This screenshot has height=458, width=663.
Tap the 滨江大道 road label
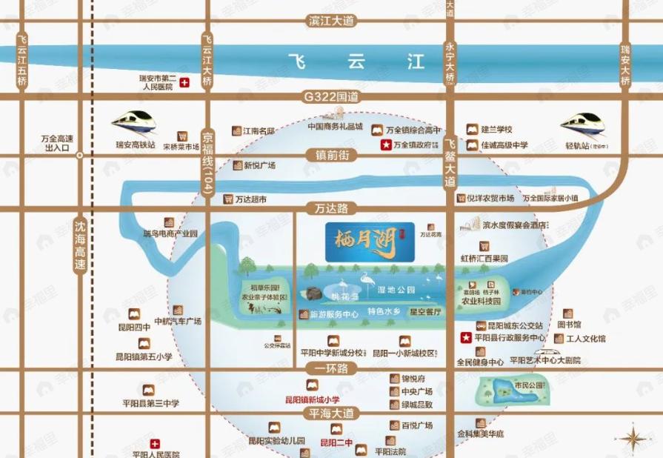pos(331,21)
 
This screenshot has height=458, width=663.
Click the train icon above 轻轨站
pos(584,123)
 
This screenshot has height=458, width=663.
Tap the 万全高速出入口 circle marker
pos(80,155)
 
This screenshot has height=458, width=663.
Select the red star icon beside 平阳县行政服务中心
pos(466,339)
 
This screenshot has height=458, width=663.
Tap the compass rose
pos(633,438)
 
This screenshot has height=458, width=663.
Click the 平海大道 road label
pos(331,414)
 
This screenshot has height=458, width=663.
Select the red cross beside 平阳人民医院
pos(155,444)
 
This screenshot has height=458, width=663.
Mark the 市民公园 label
pos(529,385)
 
